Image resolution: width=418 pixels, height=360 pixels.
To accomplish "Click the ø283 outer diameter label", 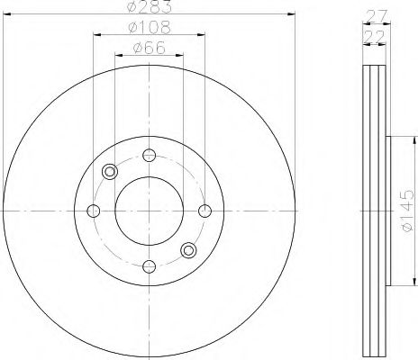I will coord(150,9).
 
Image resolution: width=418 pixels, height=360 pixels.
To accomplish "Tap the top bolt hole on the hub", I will coord(150,154).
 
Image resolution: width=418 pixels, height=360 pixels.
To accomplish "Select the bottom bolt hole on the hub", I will coord(150,265).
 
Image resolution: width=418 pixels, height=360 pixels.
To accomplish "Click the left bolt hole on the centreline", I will coord(93,210).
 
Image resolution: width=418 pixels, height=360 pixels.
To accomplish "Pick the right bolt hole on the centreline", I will coord(205,210).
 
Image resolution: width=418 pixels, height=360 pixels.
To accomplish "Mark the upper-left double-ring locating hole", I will coord(111,171).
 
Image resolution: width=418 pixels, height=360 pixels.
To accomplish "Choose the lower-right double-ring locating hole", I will coord(188,249).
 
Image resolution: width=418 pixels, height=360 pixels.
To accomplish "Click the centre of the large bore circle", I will coord(150,210).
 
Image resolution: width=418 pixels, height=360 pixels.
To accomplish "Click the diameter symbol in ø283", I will coord(132,9).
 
